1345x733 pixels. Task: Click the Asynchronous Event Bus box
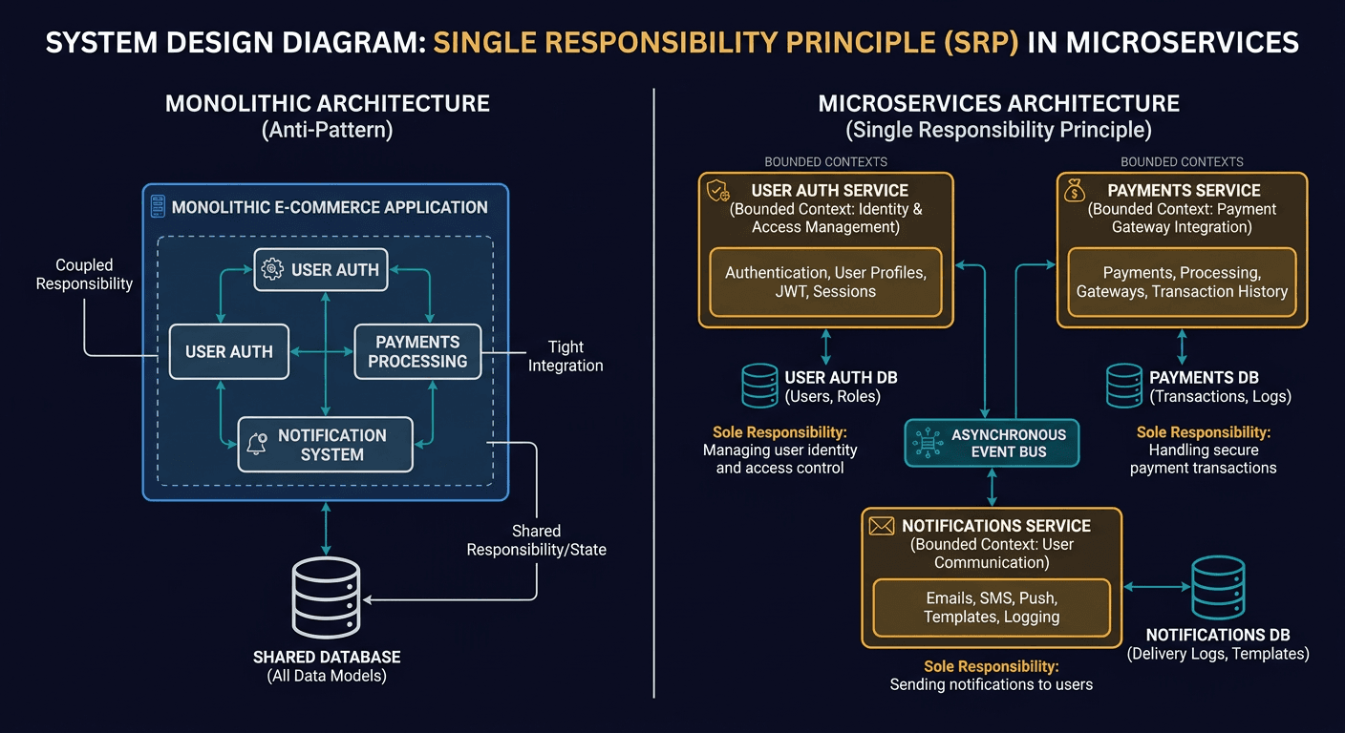[992, 443]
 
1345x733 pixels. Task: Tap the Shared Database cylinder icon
[326, 598]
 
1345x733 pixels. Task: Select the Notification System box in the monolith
[325, 445]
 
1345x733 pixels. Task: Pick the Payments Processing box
[417, 351]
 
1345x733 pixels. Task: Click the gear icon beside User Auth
[272, 270]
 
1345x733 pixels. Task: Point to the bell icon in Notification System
[256, 445]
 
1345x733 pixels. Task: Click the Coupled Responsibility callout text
[84, 274]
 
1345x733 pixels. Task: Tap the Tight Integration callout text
[566, 356]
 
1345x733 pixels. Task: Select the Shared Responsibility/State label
[536, 540]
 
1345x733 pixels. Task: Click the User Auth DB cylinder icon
[760, 386]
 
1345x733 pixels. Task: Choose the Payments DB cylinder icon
[1124, 386]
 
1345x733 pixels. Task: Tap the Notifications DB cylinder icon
[1218, 587]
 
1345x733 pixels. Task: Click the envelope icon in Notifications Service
[881, 526]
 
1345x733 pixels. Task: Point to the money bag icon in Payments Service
[1075, 191]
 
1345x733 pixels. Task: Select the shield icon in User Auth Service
[717, 191]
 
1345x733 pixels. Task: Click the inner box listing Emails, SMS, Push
[992, 607]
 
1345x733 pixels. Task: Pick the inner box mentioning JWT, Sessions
[825, 283]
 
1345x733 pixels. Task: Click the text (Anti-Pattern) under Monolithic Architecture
[327, 131]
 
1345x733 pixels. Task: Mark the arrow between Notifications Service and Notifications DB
[1156, 587]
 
